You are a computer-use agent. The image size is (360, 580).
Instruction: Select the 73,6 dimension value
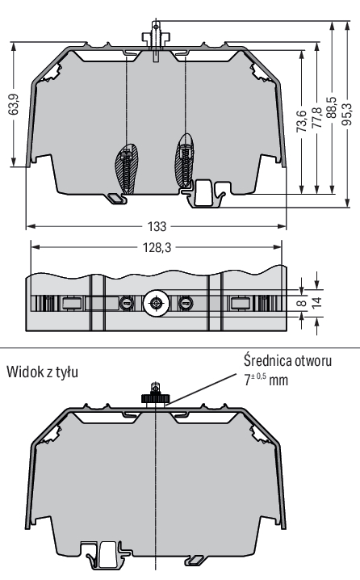pyautogui.click(x=302, y=121)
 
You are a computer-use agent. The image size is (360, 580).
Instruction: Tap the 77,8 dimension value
pyautogui.click(x=316, y=118)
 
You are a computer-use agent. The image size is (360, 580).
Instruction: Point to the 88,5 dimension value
pyautogui.click(x=332, y=108)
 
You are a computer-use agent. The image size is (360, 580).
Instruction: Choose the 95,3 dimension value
pyautogui.click(x=347, y=114)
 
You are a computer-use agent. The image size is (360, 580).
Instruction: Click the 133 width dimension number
pyautogui.click(x=157, y=226)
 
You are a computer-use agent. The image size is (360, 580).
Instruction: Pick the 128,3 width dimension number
pyautogui.click(x=157, y=247)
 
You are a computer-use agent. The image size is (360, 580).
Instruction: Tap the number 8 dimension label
pyautogui.click(x=302, y=303)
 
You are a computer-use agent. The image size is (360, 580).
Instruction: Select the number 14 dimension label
pyautogui.click(x=316, y=303)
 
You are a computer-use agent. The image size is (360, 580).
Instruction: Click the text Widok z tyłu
pyautogui.click(x=42, y=372)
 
